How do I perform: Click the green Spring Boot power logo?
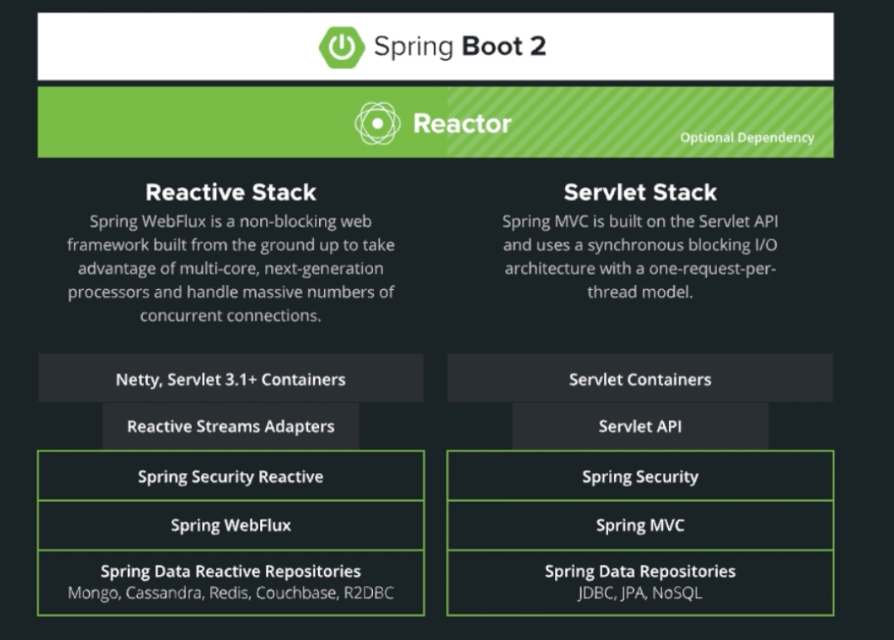[x=341, y=47]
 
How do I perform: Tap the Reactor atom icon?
[x=377, y=123]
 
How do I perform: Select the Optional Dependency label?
[x=746, y=138]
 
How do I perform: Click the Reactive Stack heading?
[x=231, y=193]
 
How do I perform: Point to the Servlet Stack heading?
[x=639, y=193]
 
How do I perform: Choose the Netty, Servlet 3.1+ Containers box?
[x=230, y=379]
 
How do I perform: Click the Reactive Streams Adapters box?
[x=230, y=426]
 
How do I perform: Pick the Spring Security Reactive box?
[x=230, y=476]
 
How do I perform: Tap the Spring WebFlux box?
[x=230, y=525]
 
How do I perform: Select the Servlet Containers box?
[x=640, y=379]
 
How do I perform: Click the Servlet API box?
[x=640, y=426]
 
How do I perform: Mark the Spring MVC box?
[x=640, y=525]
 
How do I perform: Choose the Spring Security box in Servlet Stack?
[x=640, y=476]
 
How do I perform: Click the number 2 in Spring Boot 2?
[x=537, y=47]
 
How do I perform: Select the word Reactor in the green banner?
[x=462, y=124]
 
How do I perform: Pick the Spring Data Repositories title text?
[x=640, y=572]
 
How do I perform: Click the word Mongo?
[x=92, y=593]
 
